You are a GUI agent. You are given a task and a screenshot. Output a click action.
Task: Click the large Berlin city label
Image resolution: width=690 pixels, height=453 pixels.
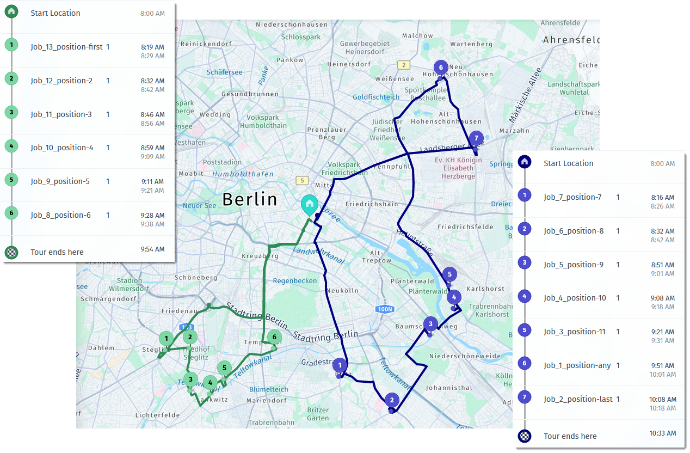pos(250,199)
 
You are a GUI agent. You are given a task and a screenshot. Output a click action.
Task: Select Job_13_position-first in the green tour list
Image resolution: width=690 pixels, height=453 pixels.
pos(66,47)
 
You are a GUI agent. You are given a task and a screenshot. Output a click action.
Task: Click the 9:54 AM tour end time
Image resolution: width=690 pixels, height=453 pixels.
pos(152,249)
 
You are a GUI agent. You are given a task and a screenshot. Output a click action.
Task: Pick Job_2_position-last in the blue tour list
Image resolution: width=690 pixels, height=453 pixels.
pos(578,399)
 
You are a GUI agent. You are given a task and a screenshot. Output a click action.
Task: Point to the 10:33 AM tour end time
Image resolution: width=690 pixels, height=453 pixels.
pos(663,433)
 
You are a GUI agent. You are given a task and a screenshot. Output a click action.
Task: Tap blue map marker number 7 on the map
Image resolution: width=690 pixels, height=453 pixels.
pos(476,138)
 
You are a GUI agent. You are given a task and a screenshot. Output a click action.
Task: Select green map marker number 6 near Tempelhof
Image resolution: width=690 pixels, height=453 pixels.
pos(274,338)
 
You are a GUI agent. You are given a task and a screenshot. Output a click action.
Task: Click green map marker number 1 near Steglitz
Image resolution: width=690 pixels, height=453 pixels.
pos(166,339)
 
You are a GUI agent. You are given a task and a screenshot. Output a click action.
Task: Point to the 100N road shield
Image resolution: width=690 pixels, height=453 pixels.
pos(384,309)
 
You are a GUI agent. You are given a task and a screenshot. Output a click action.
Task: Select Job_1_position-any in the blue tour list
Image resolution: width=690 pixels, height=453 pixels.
pos(577,365)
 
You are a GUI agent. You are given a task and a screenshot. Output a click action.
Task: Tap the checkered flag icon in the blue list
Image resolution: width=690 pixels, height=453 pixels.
pos(524,436)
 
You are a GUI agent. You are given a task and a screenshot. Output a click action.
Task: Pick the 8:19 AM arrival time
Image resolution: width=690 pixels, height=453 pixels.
pos(152,47)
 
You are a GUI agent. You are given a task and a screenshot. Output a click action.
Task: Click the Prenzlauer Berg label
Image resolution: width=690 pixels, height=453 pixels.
pos(321,133)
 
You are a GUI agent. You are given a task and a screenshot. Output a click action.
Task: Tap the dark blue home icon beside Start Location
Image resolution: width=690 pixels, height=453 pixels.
pos(524,162)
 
